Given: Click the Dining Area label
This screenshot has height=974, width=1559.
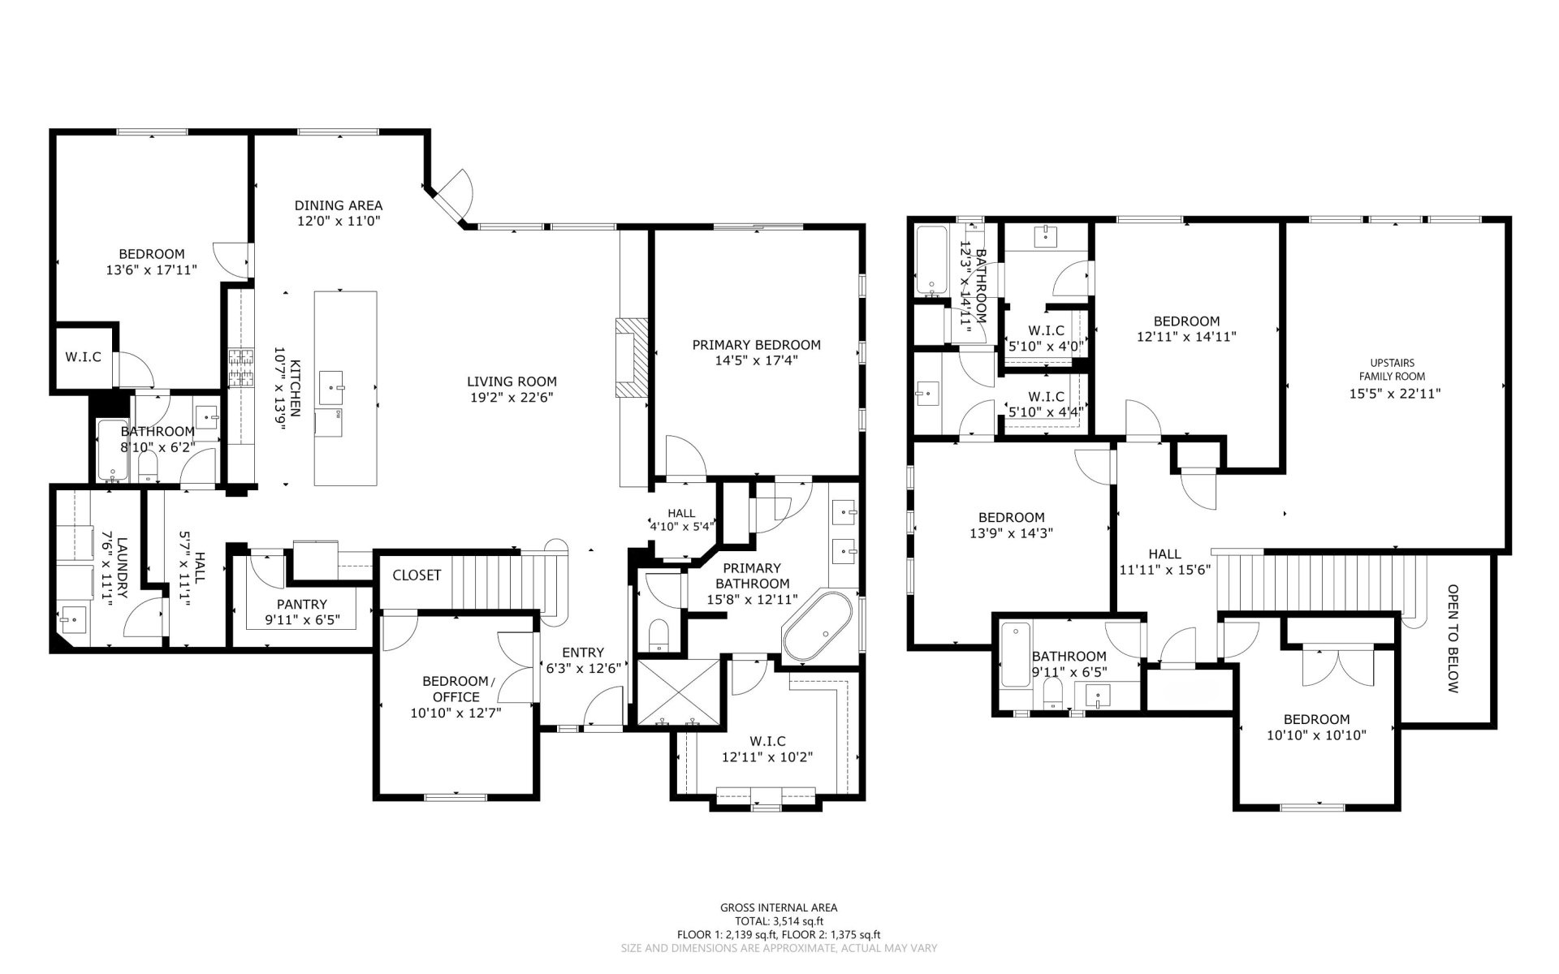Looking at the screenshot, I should (x=338, y=206).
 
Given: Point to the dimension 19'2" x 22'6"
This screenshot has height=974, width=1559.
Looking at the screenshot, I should (x=512, y=398).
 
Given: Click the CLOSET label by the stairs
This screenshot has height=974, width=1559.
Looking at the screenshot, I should (x=417, y=575).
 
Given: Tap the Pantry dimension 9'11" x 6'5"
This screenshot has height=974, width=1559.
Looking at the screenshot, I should (x=301, y=620).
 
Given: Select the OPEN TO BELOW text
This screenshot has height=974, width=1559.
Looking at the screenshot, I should (x=1453, y=639).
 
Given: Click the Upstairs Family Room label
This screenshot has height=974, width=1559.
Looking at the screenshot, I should (x=1392, y=369).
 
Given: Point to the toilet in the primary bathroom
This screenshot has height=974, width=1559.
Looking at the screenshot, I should (x=659, y=634).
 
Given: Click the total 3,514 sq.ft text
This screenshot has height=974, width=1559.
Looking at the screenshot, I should (x=779, y=921).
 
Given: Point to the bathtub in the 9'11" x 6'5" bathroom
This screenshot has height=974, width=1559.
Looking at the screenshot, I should (x=1013, y=654).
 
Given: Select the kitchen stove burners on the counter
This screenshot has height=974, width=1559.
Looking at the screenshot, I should (x=241, y=368).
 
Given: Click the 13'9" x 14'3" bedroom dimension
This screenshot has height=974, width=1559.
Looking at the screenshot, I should (x=1011, y=533).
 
